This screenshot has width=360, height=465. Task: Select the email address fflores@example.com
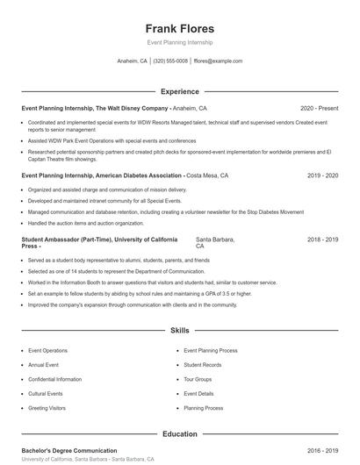218,61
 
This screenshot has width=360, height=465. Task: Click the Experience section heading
179,91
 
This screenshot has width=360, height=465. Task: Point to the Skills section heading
179,331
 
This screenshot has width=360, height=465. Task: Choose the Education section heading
179,433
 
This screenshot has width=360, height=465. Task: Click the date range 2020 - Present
319,108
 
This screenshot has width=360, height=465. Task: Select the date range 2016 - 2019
320,450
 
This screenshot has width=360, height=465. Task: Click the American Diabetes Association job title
102,175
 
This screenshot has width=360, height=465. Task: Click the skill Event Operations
47,350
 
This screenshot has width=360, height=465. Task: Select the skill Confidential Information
54,379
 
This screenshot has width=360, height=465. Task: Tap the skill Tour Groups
198,379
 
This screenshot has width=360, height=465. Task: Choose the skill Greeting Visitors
47,408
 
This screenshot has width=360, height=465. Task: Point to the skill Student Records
203,364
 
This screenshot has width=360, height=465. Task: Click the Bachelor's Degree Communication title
69,450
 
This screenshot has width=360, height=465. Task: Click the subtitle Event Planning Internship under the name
179,42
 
